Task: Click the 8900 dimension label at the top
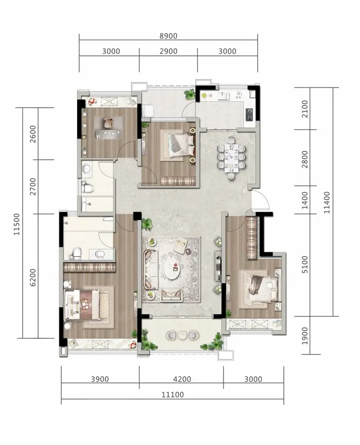[x=168, y=36]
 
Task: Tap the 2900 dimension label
[x=168, y=51]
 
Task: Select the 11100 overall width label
[x=173, y=395]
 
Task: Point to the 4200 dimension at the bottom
[x=182, y=379]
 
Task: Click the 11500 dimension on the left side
[x=17, y=224]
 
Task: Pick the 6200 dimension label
[x=33, y=277]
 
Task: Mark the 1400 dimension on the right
[x=304, y=200]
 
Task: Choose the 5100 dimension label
[x=304, y=265]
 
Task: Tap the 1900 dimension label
[x=304, y=336]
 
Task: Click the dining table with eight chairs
[x=231, y=158]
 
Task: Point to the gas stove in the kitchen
[x=249, y=114]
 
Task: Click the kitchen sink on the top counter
[x=224, y=96]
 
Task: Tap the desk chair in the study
[x=108, y=123]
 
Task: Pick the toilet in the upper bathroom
[x=87, y=187]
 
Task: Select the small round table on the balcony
[x=181, y=335]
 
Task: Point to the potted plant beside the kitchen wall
[x=189, y=94]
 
